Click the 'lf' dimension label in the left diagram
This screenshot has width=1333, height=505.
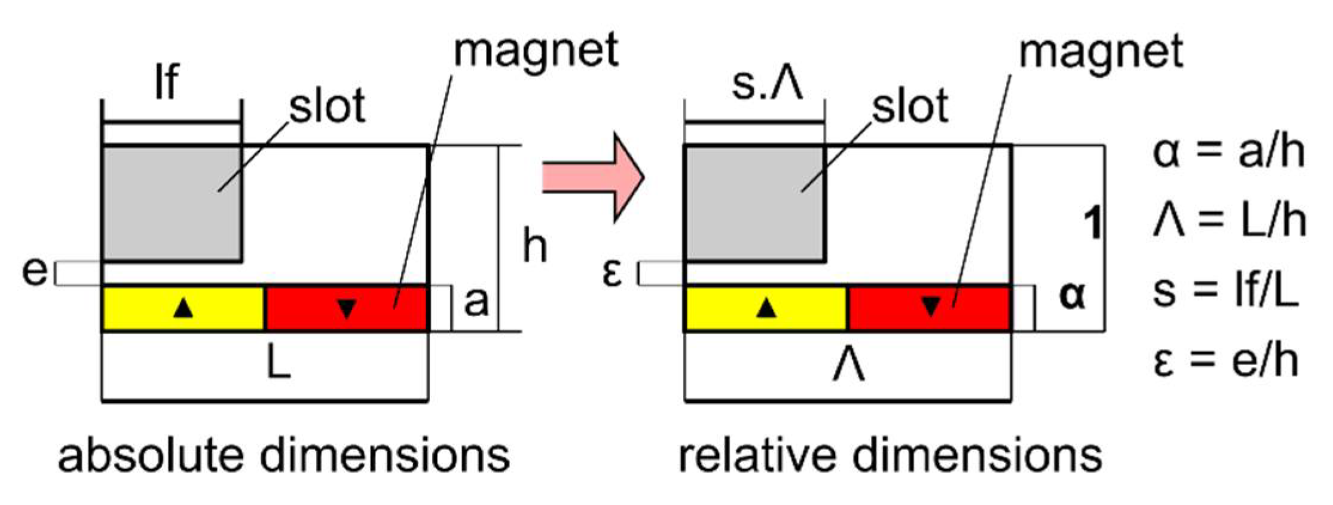(167, 82)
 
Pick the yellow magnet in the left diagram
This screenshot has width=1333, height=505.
(183, 308)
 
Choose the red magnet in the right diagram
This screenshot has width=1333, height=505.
(930, 308)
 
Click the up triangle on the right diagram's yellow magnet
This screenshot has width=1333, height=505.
(766, 308)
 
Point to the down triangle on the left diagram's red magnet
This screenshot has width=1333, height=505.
(347, 308)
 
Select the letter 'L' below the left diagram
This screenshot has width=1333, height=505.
(279, 363)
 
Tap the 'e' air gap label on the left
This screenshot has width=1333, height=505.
(34, 272)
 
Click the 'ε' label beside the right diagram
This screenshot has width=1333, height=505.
(612, 274)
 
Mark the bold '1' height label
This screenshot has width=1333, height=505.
(1092, 224)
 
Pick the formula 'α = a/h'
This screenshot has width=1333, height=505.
(1228, 152)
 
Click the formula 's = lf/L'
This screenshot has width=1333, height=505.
(1225, 292)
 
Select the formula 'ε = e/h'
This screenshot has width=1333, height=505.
(1225, 361)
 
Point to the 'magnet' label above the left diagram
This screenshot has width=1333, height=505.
(536, 50)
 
